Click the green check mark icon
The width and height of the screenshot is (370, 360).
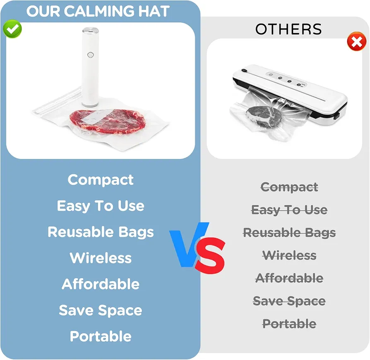[12, 29]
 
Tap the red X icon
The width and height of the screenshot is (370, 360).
[357, 41]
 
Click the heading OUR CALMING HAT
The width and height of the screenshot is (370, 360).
[98, 11]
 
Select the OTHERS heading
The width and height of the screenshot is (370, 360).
[288, 29]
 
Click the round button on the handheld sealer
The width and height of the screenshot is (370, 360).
[91, 55]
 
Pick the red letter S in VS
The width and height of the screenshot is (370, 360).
[210, 256]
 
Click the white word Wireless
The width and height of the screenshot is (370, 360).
[101, 258]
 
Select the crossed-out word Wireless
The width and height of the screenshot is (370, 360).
[289, 255]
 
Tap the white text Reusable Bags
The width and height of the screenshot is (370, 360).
[101, 232]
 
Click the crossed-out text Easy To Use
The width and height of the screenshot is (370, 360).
[289, 210]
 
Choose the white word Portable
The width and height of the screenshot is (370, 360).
[101, 336]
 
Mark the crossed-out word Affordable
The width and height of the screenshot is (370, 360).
[289, 278]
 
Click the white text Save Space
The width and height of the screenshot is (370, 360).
[101, 310]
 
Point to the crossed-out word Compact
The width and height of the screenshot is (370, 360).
[289, 187]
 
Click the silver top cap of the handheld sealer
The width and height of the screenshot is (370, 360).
[91, 30]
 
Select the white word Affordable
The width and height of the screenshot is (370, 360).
[101, 284]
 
